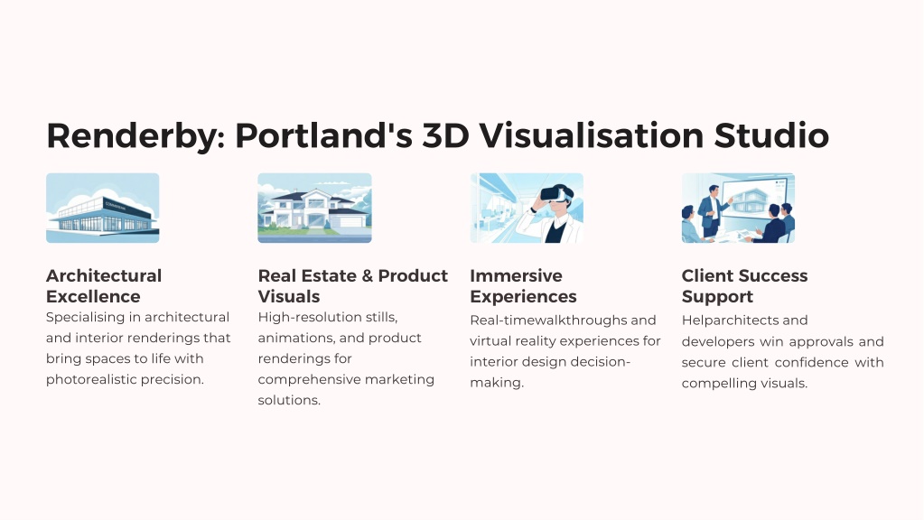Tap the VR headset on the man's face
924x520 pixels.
[x=555, y=193]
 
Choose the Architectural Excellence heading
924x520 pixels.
[x=104, y=285]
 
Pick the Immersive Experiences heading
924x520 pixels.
[x=523, y=285]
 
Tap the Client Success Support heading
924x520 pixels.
[x=744, y=285]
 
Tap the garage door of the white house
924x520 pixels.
[x=351, y=221]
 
